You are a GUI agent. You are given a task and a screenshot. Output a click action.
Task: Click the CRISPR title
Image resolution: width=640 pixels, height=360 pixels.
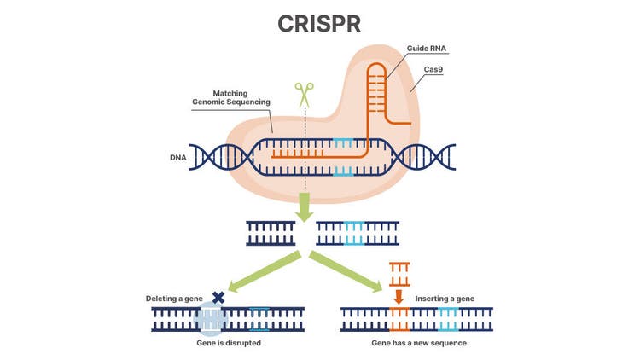pos(319,24)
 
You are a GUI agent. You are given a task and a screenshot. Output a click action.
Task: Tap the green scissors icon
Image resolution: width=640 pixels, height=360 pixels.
pos(305,94)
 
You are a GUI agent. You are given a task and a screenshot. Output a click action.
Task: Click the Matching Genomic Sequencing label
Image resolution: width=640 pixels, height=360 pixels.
pos(230,97)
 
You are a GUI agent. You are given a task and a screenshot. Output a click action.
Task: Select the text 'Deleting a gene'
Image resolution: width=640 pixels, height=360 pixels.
pos(175,299)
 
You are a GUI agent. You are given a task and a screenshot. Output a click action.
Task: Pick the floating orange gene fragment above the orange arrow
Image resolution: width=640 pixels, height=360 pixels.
pos(398,274)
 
